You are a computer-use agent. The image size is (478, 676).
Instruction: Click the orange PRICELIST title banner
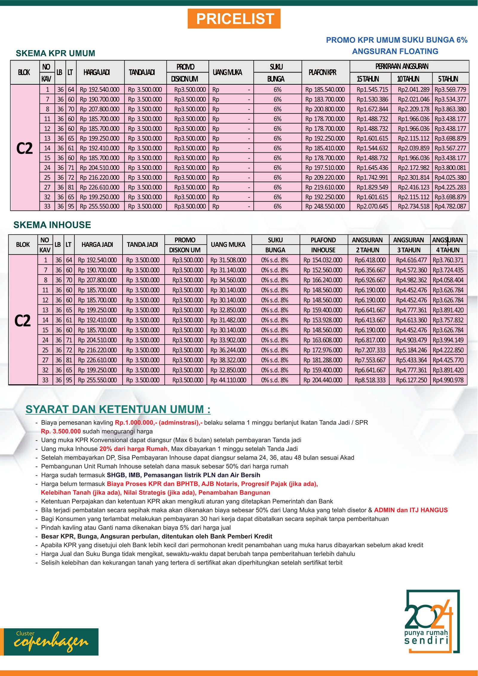tap(234, 19)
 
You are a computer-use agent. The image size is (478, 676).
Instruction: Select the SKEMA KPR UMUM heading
tap(55, 53)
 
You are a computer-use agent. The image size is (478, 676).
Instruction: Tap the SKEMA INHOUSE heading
tap(52, 225)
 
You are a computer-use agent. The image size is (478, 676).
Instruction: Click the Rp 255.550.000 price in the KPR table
tap(100, 206)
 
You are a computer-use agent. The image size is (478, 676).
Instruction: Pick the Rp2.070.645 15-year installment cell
tap(372, 206)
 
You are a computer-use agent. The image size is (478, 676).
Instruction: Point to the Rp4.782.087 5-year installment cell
tap(450, 206)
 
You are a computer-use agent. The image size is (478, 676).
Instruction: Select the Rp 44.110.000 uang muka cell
tap(228, 380)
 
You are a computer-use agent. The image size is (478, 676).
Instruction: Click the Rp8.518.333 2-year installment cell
tap(370, 380)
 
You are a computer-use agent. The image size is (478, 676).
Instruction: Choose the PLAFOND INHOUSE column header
tap(323, 245)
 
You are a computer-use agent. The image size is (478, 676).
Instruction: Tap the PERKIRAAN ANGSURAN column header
tap(402, 66)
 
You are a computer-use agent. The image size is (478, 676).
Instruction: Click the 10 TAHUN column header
tap(408, 79)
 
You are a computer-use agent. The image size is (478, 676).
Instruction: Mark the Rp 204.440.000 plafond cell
tap(323, 380)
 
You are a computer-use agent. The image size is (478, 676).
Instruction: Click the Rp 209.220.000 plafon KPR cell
tap(325, 177)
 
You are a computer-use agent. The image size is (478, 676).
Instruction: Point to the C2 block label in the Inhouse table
tap(23, 321)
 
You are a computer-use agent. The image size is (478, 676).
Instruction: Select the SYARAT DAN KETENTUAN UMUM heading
tap(118, 409)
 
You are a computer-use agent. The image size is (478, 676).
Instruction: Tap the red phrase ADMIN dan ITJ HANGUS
tap(411, 510)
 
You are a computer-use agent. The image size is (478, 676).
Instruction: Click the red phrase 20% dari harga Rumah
tap(133, 449)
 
